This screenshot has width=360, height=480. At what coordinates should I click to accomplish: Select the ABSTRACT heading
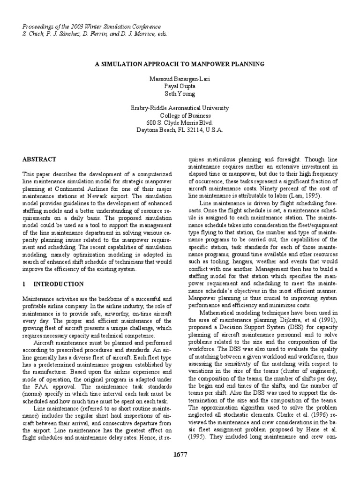(x=39, y=159)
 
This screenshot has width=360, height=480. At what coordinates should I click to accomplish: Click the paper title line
(x=180, y=63)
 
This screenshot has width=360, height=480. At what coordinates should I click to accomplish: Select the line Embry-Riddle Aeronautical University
(x=180, y=108)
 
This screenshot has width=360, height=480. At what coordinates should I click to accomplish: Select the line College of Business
(x=180, y=116)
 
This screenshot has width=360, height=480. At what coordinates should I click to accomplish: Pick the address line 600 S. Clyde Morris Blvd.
(x=180, y=123)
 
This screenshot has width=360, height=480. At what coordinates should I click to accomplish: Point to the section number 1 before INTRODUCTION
(x=24, y=284)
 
